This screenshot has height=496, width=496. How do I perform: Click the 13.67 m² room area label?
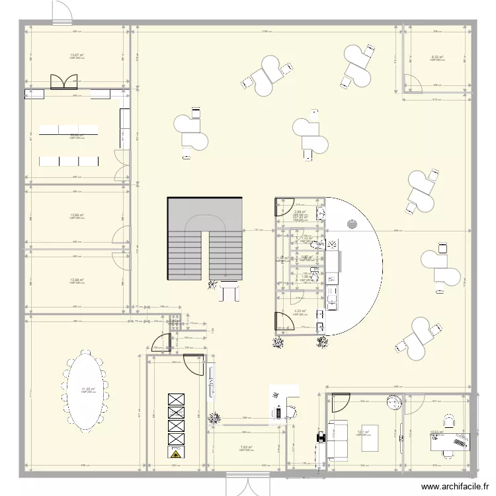pos(77,56)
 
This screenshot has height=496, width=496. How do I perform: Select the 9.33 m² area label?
pos(437,58)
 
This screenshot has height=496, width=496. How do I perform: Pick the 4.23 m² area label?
pos(299,311)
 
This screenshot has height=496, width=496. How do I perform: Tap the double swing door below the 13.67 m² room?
pos(64,81)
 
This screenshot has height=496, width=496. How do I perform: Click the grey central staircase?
pos(204,239)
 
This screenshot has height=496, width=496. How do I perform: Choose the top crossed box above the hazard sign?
pos(176,398)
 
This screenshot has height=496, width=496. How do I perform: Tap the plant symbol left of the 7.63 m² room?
pos(213,419)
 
